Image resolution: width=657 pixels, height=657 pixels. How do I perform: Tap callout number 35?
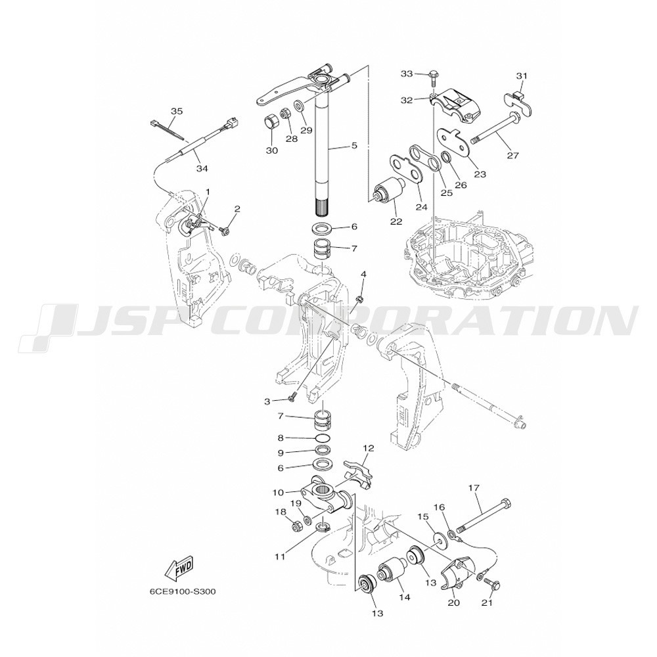click(177, 112)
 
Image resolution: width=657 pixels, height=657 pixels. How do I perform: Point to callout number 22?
click(396, 221)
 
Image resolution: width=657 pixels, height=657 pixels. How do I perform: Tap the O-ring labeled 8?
click(323, 439)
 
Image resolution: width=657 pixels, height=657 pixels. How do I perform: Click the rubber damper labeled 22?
click(388, 189)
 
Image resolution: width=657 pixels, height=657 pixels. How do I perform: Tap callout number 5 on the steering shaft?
click(354, 145)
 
